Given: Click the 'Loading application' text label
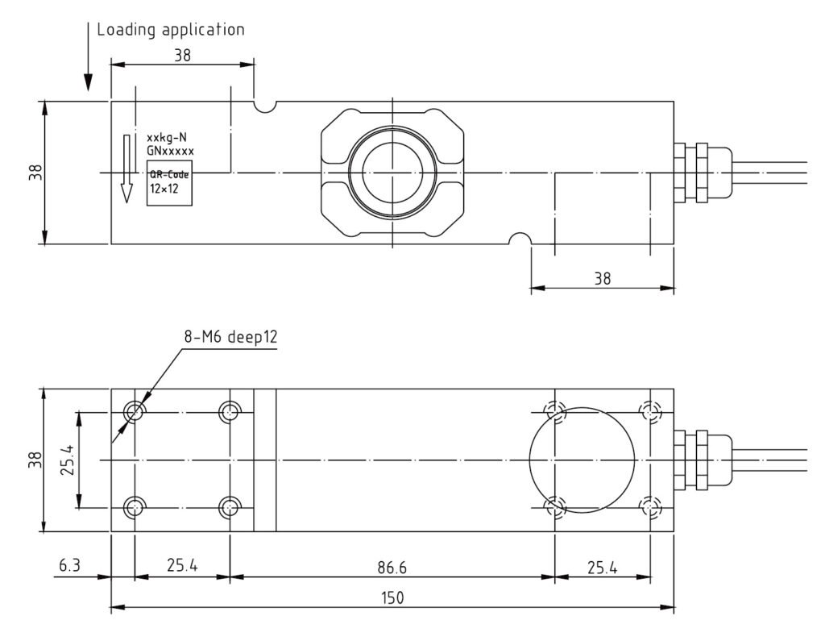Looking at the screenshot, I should click(170, 31).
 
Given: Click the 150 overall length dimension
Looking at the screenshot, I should click(392, 597).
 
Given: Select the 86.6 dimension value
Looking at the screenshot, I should click(392, 568).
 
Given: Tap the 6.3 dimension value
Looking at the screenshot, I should click(68, 568).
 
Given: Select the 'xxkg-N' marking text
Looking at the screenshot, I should click(167, 137).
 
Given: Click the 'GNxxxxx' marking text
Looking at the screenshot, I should click(170, 150).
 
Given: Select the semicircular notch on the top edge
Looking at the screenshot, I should click(265, 106).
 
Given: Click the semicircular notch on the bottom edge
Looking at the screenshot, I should click(520, 239).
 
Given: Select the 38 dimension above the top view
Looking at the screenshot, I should click(182, 56).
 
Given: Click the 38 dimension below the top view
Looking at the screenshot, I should click(602, 279).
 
